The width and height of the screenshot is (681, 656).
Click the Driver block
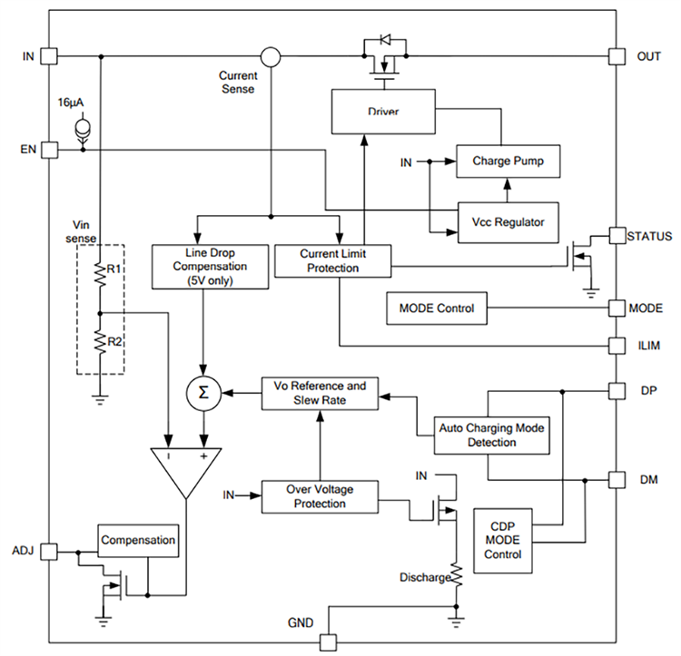pos(383,112)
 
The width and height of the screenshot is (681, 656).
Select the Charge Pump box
pos(508,162)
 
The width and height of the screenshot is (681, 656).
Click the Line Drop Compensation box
pos(211,267)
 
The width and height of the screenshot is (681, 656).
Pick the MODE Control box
pos(436,308)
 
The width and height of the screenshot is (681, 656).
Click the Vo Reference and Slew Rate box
pos(319,393)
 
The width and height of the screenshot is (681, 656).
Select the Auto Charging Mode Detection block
pos(490,435)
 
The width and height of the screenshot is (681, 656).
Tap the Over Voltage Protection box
pos(319,496)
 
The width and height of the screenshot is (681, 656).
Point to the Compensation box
pos(138,540)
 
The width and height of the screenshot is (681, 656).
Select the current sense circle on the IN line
pos(271,56)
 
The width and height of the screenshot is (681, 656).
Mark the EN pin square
pos(48,149)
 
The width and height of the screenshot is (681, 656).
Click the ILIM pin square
pos(617,346)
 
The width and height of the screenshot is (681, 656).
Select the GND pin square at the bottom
pos(327,642)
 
